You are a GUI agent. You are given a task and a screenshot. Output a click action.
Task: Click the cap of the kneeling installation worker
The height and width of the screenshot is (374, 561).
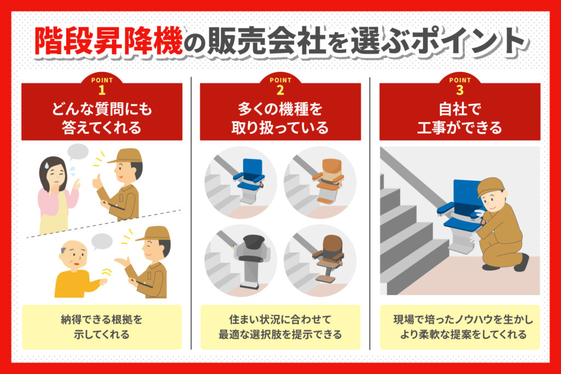click(489, 186)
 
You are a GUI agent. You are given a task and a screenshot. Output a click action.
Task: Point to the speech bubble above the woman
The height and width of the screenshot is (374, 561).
click(77, 151)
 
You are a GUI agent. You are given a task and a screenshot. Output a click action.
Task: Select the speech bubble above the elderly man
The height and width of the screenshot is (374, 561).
click(101, 240)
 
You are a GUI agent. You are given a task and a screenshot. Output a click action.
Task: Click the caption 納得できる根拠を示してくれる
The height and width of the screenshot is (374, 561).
click(101, 327)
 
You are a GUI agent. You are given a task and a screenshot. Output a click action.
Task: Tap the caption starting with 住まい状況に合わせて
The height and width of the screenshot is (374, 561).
click(280, 327)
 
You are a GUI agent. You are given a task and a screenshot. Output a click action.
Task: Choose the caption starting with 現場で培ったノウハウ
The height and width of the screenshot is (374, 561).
click(460, 327)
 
